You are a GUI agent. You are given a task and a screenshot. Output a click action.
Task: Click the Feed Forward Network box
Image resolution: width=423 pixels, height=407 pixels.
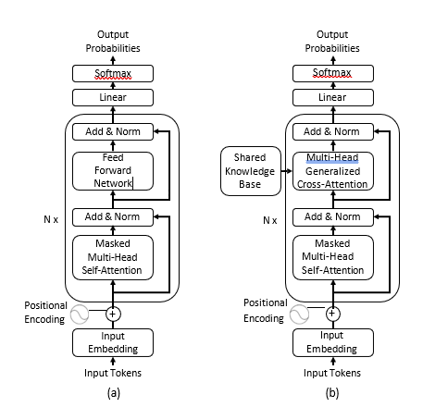pos(113,171)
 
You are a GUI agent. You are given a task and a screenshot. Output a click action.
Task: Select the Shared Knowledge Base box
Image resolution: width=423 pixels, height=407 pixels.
pos(251,171)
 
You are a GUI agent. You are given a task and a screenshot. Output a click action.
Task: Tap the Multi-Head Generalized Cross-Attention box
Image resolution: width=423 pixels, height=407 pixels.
pos(333,171)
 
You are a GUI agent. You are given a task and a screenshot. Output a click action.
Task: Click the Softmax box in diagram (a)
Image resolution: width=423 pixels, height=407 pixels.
pos(113,73)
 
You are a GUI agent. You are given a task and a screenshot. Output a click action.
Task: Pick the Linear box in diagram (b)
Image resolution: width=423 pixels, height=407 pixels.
pos(333,97)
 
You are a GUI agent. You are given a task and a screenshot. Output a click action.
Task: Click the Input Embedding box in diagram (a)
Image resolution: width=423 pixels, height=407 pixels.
pos(113,342)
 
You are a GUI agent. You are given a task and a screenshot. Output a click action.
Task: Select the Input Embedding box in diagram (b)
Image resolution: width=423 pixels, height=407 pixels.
pos(333,342)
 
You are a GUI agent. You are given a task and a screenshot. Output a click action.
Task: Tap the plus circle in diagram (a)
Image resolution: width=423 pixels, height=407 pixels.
pos(113,314)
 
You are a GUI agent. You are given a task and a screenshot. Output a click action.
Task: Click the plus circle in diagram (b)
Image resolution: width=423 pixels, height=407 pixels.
pos(333,314)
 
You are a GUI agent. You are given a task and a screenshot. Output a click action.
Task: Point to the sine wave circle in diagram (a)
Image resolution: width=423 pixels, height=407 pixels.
pos(80,314)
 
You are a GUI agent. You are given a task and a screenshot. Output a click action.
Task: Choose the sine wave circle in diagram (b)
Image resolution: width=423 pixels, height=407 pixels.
pos(299,314)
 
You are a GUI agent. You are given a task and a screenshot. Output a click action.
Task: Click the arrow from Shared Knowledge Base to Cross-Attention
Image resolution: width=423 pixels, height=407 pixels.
pos(287,171)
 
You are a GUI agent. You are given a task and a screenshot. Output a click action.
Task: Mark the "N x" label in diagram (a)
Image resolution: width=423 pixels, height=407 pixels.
pos(51,219)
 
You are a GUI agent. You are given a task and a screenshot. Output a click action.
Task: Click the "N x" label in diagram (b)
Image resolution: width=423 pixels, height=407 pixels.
pos(270,220)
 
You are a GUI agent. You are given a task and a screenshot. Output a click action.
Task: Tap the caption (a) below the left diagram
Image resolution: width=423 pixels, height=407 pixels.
pos(114,393)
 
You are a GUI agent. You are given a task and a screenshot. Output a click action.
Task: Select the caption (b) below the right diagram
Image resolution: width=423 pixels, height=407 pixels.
pos(332,393)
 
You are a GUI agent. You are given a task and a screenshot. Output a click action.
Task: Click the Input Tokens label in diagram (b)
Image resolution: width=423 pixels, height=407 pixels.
pos(332,373)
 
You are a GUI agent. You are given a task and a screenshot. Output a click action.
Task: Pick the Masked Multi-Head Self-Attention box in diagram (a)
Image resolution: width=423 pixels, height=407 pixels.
pos(113,258)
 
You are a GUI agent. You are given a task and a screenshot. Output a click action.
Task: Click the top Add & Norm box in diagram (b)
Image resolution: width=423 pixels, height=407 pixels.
pos(333,131)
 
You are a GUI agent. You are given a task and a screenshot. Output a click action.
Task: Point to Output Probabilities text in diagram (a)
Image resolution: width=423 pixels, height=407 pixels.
pos(113,42)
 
